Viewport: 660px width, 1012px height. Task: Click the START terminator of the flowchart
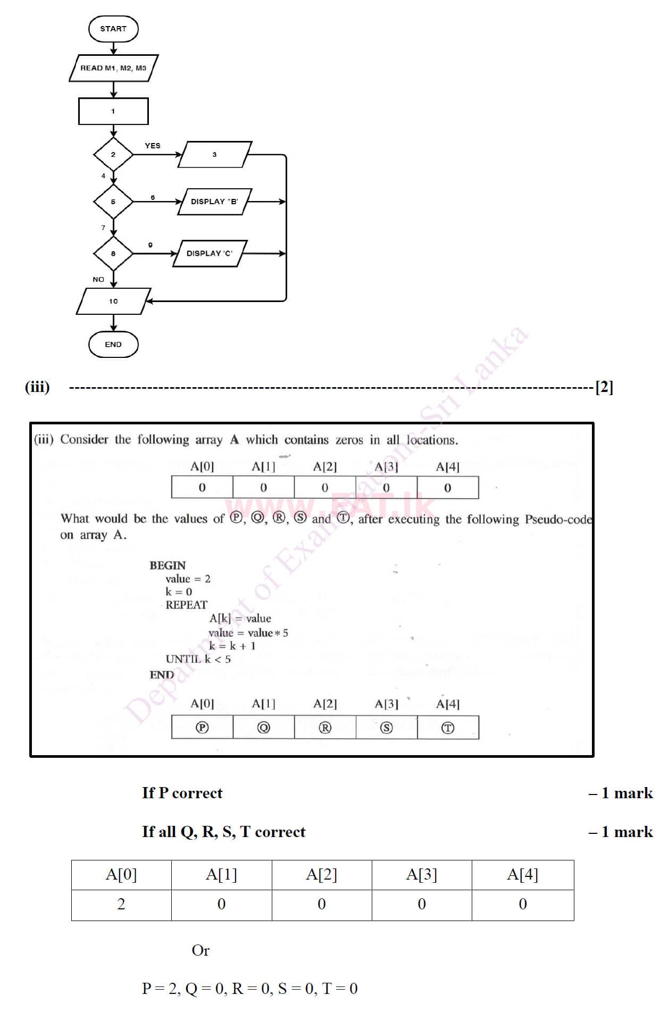coord(113,29)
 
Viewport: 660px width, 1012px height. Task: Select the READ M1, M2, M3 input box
coord(113,68)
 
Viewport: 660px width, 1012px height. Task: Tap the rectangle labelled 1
coord(113,111)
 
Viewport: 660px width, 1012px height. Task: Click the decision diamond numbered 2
coord(113,155)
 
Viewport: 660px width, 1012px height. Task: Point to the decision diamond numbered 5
coord(113,202)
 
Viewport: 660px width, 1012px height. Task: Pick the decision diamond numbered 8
coord(113,254)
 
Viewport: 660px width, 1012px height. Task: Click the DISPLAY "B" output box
coord(214,202)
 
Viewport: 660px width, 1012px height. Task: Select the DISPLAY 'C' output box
coord(210,254)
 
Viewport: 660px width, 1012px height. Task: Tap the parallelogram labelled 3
coord(214,155)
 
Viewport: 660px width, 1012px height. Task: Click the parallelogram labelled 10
coord(113,302)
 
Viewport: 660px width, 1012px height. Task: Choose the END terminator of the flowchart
coord(113,345)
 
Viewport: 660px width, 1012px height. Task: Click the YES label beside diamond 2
coord(153,146)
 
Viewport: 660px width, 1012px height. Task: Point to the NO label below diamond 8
coord(98,279)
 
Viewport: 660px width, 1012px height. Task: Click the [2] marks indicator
coord(604,387)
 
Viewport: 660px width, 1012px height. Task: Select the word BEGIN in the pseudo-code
coord(168,565)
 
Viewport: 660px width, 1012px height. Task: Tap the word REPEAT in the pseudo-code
coord(186,605)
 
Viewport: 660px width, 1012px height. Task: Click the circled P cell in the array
coord(202,727)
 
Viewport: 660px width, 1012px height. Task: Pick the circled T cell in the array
coord(448,727)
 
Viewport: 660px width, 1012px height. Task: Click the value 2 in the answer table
coord(121,904)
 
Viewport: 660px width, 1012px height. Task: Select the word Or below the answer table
coord(200,950)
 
